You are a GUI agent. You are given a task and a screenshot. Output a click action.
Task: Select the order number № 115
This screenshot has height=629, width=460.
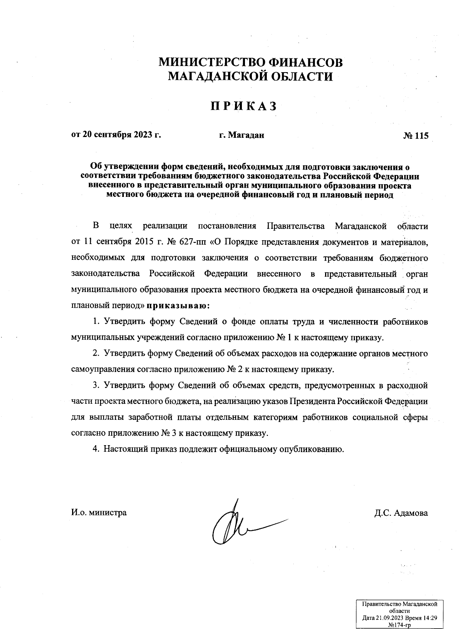pyautogui.click(x=416, y=135)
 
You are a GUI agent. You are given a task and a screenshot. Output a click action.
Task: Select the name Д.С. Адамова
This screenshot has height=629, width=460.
pyautogui.click(x=401, y=513)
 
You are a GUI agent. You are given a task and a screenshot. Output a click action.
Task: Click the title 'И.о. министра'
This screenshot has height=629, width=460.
pyautogui.click(x=99, y=512)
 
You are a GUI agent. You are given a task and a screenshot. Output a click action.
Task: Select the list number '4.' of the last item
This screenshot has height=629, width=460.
pyautogui.click(x=96, y=449)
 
